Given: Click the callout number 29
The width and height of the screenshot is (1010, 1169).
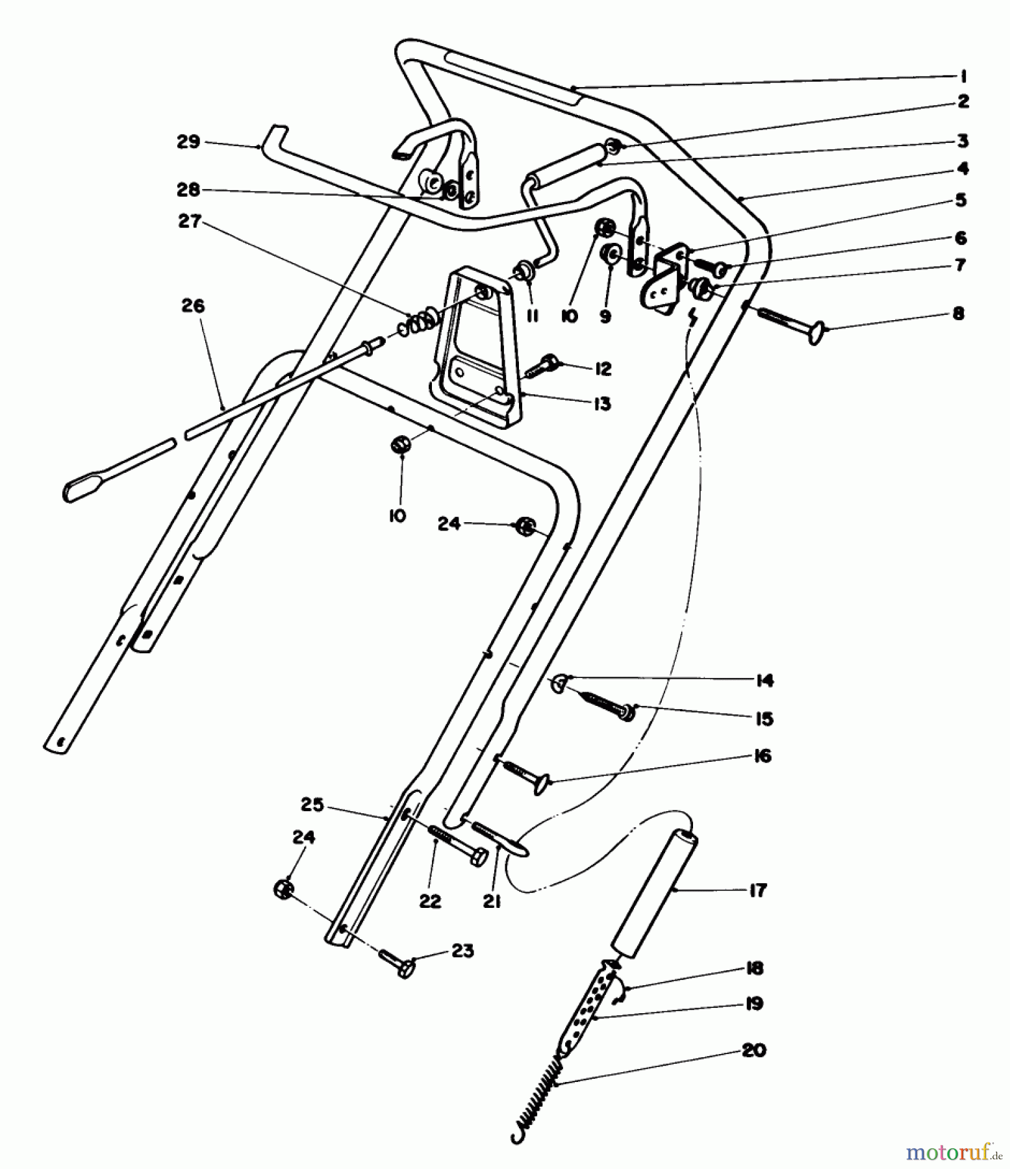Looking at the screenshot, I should [x=188, y=142].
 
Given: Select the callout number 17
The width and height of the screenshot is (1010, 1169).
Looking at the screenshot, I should [x=757, y=890].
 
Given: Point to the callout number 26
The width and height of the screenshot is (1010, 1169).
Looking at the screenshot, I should [x=193, y=305].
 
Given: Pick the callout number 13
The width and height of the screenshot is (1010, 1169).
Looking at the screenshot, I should [x=601, y=403].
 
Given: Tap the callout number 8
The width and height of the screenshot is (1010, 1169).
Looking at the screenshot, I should [x=957, y=314].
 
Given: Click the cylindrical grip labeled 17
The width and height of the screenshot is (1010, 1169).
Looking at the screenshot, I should [x=655, y=896].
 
